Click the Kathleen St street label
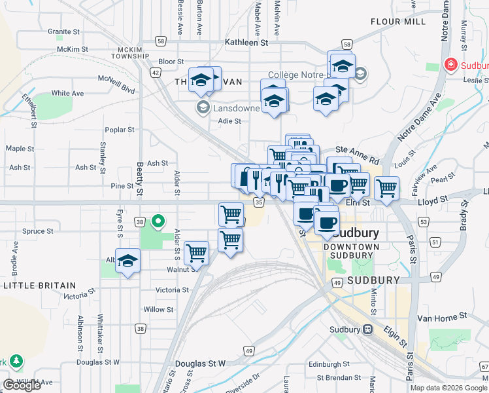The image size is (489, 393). click(246, 42)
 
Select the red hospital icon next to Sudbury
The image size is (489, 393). click(450, 65)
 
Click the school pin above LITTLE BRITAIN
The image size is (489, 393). click(128, 262)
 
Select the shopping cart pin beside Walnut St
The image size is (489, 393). click(196, 253)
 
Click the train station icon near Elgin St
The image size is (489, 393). click(368, 329)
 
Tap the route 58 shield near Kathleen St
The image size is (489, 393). click(161, 41)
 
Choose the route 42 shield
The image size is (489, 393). click(156, 73)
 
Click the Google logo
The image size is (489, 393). click(22, 385)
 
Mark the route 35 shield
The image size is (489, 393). click(259, 203)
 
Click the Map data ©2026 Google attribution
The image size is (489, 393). click(448, 388)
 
